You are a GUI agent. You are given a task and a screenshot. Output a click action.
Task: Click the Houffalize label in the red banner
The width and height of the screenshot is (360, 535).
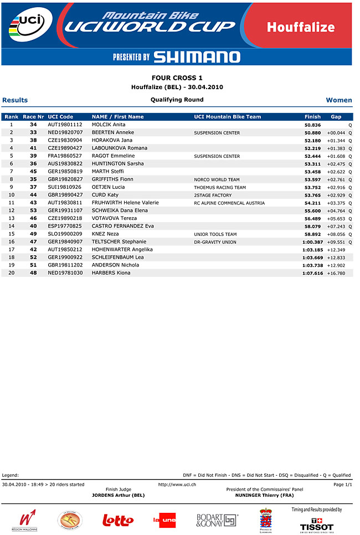click(300, 27)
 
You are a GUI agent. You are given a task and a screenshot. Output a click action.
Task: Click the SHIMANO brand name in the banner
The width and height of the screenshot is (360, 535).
click(197, 57)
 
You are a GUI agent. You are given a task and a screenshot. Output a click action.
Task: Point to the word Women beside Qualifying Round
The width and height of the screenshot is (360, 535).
click(339, 100)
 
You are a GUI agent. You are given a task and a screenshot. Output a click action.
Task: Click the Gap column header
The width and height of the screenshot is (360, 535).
click(336, 117)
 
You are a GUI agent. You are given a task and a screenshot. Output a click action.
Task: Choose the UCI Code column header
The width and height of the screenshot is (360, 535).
click(60, 117)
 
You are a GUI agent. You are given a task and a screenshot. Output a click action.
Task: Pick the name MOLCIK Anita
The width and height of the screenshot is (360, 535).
click(109, 125)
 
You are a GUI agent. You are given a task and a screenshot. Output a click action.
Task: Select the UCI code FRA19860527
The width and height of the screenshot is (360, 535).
click(65, 156)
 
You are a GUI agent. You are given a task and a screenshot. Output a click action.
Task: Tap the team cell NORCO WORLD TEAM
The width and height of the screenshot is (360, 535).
click(217, 180)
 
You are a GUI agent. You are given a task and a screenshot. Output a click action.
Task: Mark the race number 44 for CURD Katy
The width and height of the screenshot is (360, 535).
click(33, 195)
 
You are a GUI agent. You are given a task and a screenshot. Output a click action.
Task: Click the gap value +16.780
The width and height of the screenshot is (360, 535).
click(336, 273)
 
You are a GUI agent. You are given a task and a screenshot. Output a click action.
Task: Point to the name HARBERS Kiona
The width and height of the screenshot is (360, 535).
click(111, 273)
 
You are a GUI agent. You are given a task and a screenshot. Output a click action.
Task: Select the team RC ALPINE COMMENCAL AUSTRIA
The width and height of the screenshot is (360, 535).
click(229, 203)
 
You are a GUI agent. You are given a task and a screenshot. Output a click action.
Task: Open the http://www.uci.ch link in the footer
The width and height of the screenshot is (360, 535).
click(177, 484)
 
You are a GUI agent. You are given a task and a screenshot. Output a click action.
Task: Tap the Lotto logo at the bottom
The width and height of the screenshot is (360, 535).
click(118, 520)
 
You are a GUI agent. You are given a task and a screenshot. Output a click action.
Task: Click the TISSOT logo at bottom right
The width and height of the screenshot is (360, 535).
click(317, 527)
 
